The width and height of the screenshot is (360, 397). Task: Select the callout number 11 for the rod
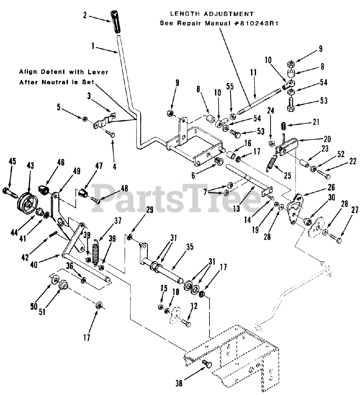(x=253, y=73)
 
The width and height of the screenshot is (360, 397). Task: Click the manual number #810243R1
(x=254, y=23)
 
